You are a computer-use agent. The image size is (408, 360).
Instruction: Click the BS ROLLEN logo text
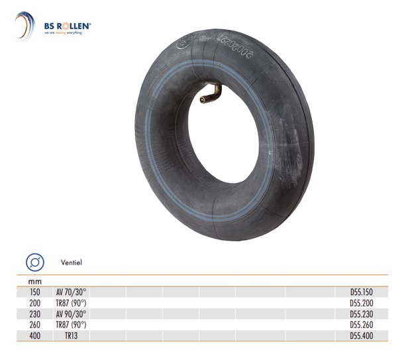[x=68, y=26]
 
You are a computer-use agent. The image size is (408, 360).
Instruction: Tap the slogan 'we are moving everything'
[x=63, y=33]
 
